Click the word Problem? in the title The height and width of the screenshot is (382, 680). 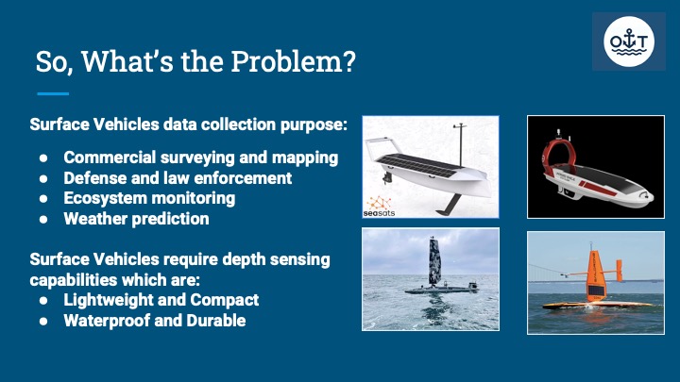293,62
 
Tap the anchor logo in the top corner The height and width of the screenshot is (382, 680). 628,42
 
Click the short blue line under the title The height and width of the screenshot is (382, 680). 53,93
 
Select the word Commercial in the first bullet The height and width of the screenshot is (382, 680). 110,158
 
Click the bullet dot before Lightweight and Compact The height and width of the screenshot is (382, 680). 43,300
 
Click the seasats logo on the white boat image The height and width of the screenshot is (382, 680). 379,207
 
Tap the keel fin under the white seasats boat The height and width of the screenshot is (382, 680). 450,205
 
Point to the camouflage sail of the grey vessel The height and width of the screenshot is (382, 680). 434,261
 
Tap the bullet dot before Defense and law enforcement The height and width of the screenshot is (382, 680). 43,178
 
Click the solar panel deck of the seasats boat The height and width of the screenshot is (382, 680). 418,165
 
